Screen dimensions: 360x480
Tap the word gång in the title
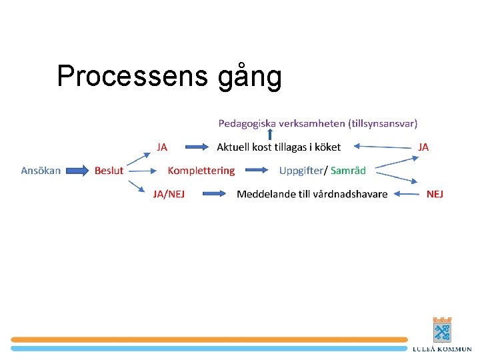point(249,77)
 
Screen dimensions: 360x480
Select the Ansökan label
point(41,171)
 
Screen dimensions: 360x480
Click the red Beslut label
point(109,171)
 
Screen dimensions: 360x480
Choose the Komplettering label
point(201,171)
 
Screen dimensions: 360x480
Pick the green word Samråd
point(348,171)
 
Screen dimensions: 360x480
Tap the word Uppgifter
point(300,171)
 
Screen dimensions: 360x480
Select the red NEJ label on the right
point(435,194)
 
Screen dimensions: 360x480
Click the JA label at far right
point(423,147)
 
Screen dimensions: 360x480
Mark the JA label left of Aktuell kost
point(162,147)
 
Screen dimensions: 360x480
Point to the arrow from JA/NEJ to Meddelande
point(215,194)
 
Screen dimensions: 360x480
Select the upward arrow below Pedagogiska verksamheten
point(270,135)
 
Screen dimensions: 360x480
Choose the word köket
point(326,147)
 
